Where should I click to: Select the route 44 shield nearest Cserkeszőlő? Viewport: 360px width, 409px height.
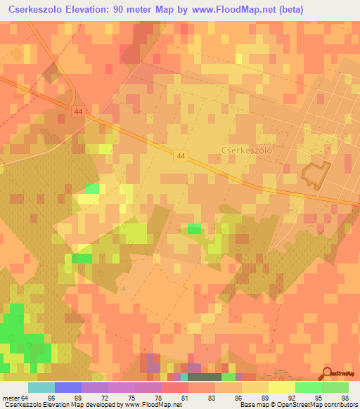[x=181, y=155]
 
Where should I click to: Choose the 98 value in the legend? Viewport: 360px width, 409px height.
[x=345, y=398]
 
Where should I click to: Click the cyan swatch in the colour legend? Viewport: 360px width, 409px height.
[x=41, y=387]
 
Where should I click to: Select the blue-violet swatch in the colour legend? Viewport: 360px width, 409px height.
[x=68, y=387]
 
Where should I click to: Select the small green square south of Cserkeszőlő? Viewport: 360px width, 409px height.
[x=194, y=228]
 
